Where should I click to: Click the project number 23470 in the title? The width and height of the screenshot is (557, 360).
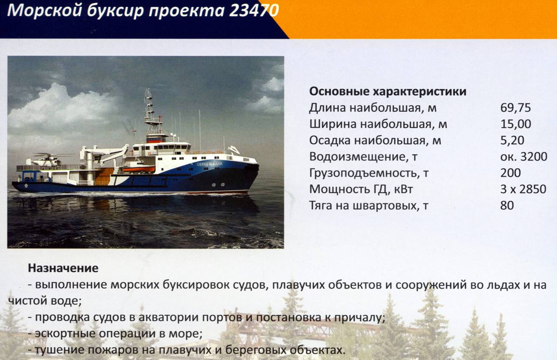point(254,11)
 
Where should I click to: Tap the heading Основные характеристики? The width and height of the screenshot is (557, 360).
point(388,92)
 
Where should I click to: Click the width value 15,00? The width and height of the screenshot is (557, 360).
point(516,124)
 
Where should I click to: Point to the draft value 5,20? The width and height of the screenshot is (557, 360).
point(512,140)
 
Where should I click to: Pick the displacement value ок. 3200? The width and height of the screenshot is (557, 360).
point(523,157)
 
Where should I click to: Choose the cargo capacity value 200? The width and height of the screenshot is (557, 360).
point(510,173)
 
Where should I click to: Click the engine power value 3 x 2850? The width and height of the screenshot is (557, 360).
point(523,189)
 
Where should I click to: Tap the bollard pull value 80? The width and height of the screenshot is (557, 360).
point(507,206)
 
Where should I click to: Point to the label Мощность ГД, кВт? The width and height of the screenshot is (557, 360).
point(361,189)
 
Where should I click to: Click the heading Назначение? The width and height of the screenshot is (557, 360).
point(63,268)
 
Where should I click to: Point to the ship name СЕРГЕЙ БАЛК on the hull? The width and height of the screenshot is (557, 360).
point(209,164)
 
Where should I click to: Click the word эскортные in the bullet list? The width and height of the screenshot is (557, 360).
point(65,333)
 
